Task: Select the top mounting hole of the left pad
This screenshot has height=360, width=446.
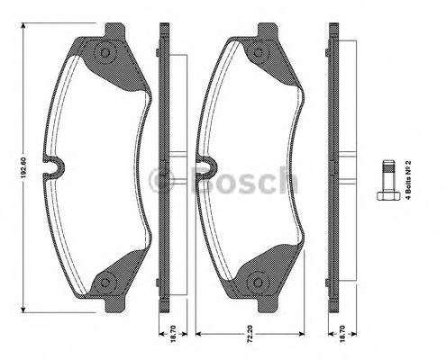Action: (106, 55)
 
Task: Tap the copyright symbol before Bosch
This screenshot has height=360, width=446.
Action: (166, 179)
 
